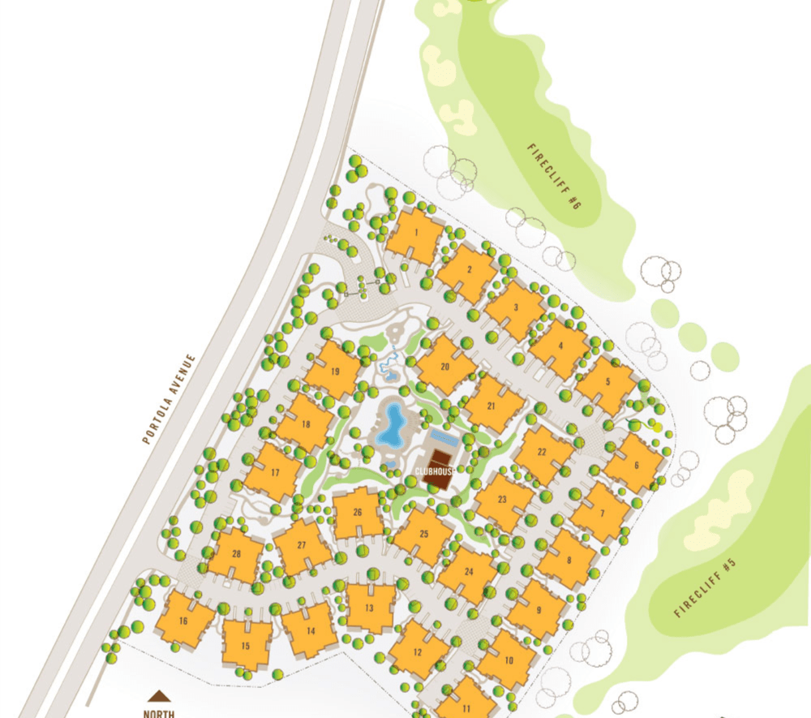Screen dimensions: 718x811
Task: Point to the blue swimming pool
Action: click(x=394, y=424)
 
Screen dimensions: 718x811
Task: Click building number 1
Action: click(x=415, y=233)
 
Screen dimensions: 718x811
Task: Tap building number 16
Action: click(x=184, y=621)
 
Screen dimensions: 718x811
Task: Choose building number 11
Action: click(x=466, y=706)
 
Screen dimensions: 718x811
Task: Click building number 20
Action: click(x=445, y=366)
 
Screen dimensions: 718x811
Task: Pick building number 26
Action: click(x=358, y=513)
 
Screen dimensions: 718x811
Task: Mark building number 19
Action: click(x=334, y=372)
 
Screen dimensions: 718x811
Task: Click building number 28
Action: click(x=236, y=554)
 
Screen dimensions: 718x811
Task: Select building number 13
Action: click(x=370, y=608)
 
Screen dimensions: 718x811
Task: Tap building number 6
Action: click(x=637, y=465)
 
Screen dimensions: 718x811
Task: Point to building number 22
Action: click(x=543, y=452)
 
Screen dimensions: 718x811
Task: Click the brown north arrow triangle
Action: click(x=159, y=695)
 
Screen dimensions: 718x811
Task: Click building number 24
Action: click(x=469, y=572)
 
